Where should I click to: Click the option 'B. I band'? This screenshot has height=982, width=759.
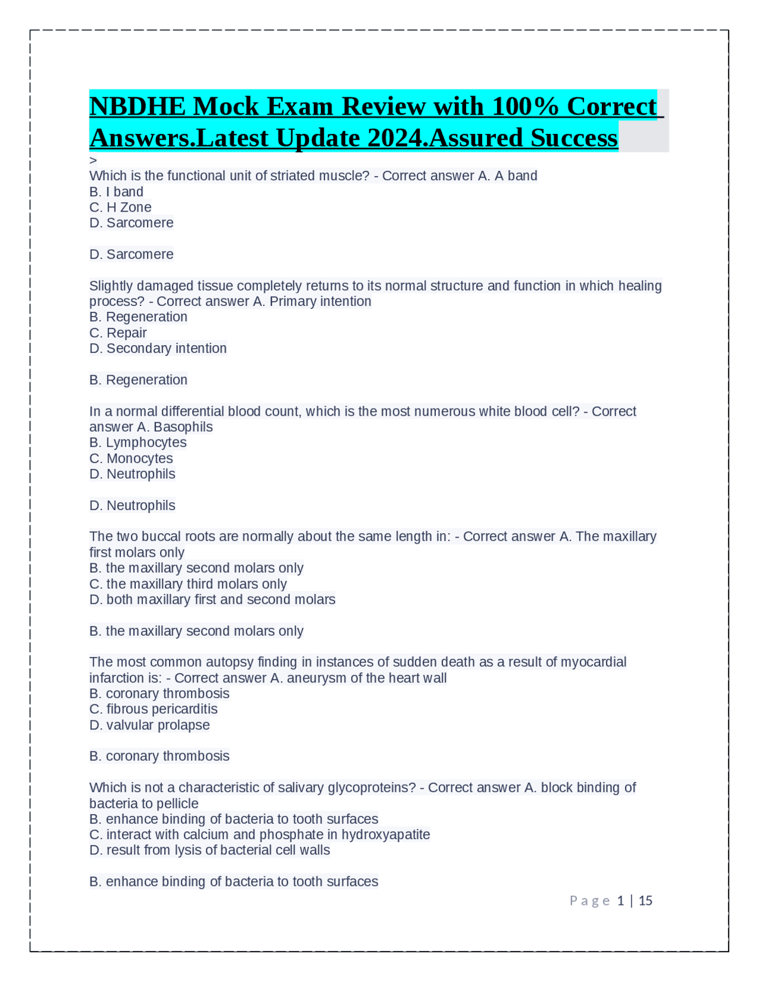click(x=116, y=192)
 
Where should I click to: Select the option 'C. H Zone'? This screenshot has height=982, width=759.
click(x=120, y=208)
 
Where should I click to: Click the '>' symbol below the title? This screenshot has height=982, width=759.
click(x=93, y=160)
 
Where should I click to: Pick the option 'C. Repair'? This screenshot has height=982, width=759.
click(x=118, y=333)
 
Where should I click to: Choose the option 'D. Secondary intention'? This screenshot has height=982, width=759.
click(x=158, y=348)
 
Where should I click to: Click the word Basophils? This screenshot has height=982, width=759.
click(x=183, y=427)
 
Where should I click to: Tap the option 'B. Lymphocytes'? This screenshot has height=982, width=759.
click(x=138, y=442)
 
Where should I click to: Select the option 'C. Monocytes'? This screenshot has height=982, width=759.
click(x=131, y=458)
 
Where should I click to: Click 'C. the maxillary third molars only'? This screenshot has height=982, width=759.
click(x=188, y=584)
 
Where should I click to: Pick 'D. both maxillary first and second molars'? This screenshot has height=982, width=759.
click(x=212, y=600)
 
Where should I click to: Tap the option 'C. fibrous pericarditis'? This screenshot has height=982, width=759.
click(x=153, y=709)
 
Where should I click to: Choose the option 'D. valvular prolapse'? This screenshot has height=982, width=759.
click(x=149, y=725)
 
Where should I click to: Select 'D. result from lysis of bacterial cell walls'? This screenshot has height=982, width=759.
click(x=209, y=850)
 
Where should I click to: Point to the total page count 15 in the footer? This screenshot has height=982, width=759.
click(x=645, y=901)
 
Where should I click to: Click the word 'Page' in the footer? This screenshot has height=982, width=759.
click(x=589, y=901)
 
